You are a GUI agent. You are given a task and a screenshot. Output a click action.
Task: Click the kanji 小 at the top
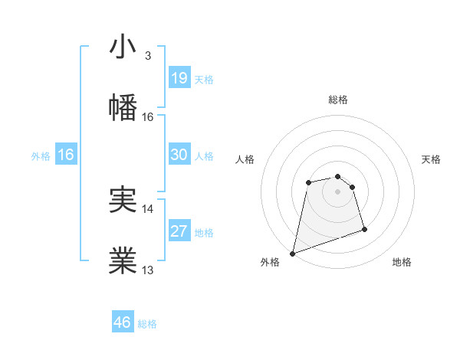coord(123,47)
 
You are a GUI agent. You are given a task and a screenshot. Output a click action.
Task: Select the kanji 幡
coord(123,107)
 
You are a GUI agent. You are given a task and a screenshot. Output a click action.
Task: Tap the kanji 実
coord(123,200)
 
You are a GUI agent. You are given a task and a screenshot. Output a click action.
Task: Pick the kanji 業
coord(123,261)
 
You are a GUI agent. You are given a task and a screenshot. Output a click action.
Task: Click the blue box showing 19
coord(179,78)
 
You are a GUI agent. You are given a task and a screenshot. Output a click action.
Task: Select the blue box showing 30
coord(179,155)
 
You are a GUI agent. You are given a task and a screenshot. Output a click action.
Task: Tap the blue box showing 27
coord(179,231)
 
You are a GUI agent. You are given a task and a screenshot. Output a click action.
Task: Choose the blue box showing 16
coord(66,155)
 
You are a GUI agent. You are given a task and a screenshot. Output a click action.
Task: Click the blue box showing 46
coord(122,322)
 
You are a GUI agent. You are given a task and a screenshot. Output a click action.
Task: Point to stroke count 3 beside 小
coord(147,56)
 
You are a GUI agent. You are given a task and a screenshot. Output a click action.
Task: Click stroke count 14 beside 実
coord(148,208)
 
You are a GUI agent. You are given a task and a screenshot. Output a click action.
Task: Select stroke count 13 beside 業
coord(148,270)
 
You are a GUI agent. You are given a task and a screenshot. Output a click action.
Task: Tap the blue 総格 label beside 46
coord(147,324)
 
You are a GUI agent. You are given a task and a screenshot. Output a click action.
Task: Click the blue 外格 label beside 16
coord(41,156)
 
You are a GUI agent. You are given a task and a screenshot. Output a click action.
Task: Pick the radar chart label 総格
coord(338,100)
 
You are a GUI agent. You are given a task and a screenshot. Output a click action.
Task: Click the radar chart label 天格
coord(432,159)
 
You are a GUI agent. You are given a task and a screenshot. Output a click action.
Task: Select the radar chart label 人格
coord(245,159)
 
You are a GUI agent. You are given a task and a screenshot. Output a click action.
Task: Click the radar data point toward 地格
coord(364,230)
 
